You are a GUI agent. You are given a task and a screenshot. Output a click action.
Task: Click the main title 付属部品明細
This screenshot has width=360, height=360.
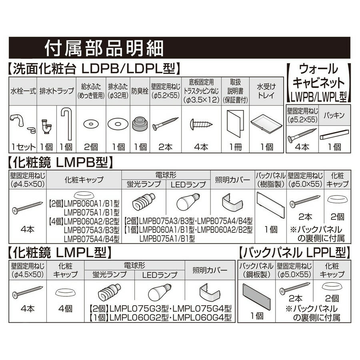[x=103, y=49]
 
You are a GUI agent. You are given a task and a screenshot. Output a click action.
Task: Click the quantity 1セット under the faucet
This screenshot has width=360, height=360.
[x=23, y=147]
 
